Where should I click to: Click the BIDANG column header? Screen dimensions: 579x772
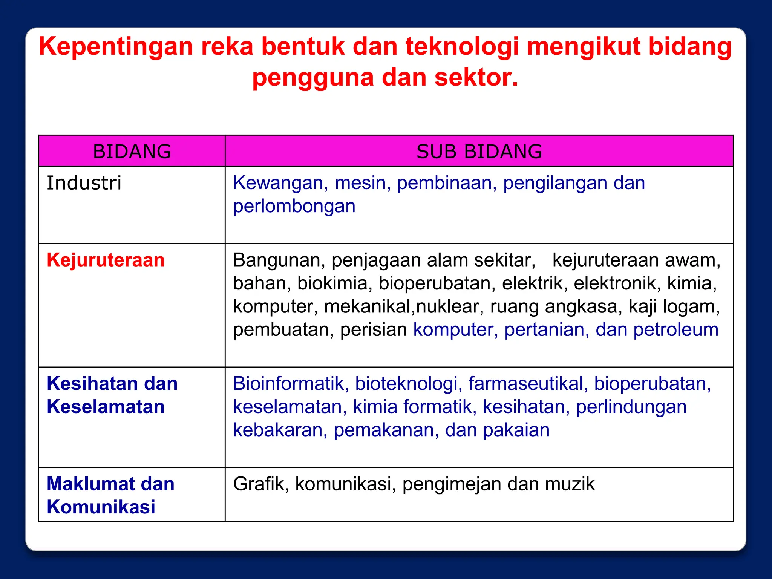coord(132,152)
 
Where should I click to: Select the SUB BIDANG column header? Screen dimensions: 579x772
coord(479,152)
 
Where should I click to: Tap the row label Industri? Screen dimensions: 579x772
coord(84,183)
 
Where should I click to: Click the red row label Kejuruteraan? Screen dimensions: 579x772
coord(106,260)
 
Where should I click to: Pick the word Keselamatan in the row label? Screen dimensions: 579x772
coord(106,407)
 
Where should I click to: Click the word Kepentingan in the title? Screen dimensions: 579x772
coord(115,47)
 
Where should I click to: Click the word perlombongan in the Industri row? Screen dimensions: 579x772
coord(294,207)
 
